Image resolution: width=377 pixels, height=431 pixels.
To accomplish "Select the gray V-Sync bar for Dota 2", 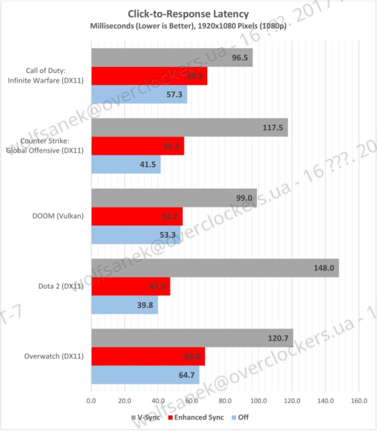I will tap(215, 267).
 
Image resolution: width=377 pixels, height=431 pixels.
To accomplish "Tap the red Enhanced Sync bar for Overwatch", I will tap(148, 357).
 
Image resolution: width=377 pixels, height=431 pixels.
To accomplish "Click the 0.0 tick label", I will tap(91, 400).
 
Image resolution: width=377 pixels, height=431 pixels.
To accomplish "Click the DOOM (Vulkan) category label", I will tap(59, 216).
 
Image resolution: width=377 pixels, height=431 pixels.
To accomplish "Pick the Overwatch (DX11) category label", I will tap(54, 356).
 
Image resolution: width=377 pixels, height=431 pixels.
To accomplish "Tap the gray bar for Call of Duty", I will tap(172, 57).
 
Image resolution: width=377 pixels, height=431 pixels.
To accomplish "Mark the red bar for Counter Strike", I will tap(137, 146).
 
